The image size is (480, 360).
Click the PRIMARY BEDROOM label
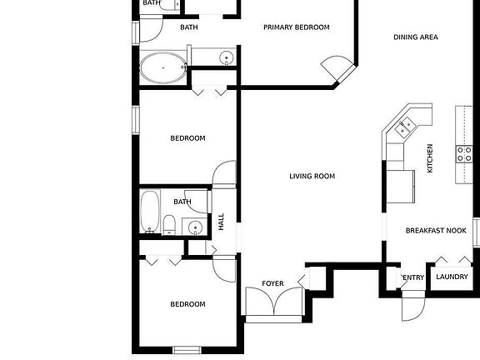(296, 27)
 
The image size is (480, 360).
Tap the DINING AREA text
(416, 37)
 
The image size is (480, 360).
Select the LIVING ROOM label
(312, 176)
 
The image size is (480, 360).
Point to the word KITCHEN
(430, 158)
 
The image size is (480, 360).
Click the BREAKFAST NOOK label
(435, 231)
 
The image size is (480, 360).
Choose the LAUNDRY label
(452, 277)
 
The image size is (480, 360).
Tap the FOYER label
(272, 284)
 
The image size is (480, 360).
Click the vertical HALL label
(222, 222)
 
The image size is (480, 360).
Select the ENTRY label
(413, 277)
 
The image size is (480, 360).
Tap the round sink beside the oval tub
(225, 57)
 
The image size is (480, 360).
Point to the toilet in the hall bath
(168, 224)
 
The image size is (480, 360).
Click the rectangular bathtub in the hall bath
(150, 212)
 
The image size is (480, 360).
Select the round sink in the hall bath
(194, 226)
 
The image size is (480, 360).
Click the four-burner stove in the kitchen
(463, 152)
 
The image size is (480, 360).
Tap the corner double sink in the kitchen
(406, 127)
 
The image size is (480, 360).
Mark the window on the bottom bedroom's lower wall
(186, 348)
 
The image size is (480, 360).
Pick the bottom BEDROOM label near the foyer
(187, 304)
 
